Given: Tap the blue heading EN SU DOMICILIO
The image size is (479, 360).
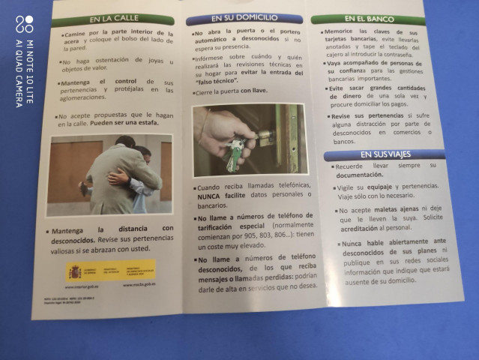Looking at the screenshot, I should [244, 18].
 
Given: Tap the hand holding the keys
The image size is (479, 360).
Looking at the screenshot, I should [221, 127].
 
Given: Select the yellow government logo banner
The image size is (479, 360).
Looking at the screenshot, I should [112, 269].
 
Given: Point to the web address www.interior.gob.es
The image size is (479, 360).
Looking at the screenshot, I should [83, 286].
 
